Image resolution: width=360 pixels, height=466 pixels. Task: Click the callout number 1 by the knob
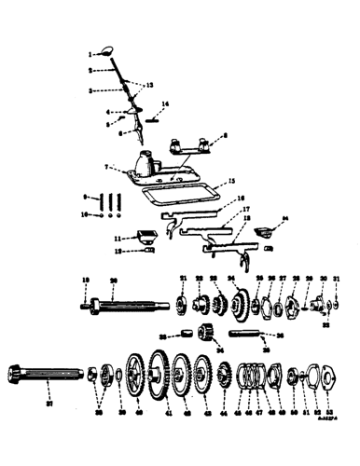[x=91, y=54]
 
